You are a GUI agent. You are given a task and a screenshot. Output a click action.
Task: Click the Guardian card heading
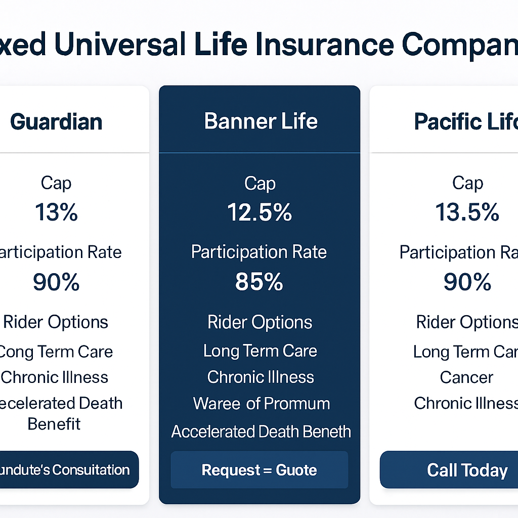click(x=56, y=122)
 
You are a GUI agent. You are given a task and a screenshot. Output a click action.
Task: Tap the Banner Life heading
click(x=261, y=122)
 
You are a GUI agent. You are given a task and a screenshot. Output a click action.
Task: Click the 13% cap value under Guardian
click(x=56, y=212)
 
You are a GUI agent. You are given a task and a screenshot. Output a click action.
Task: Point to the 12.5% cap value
click(x=260, y=212)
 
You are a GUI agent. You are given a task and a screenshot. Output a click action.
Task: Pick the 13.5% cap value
click(x=467, y=212)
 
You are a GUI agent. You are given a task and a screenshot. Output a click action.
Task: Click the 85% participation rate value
click(x=259, y=282)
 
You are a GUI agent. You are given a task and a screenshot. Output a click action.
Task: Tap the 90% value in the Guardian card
click(x=56, y=282)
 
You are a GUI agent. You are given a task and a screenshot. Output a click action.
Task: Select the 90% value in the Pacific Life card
click(x=467, y=282)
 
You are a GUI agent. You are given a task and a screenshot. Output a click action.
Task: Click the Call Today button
click(x=466, y=470)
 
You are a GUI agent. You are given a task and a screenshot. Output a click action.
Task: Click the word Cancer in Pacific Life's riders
click(x=466, y=377)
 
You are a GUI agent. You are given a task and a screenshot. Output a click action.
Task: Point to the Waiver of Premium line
click(x=261, y=404)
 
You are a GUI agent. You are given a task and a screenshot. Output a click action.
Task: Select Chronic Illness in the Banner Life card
click(x=261, y=377)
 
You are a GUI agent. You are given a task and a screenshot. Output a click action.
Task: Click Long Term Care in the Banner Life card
click(x=260, y=351)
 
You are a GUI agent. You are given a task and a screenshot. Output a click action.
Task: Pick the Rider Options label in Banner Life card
click(x=260, y=322)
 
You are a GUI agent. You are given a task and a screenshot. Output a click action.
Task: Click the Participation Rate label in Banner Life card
click(x=259, y=252)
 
